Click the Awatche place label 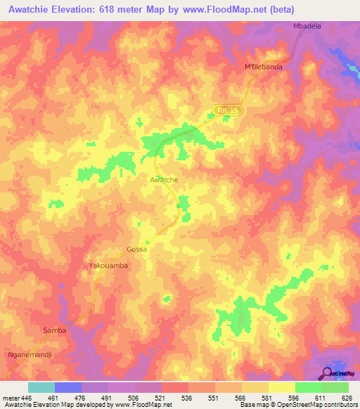(164, 180)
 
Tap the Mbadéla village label (307, 26)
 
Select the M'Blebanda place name (263, 67)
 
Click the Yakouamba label (108, 266)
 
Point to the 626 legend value (348, 397)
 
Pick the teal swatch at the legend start (41, 387)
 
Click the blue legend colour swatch (68, 387)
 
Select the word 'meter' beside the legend (11, 397)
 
